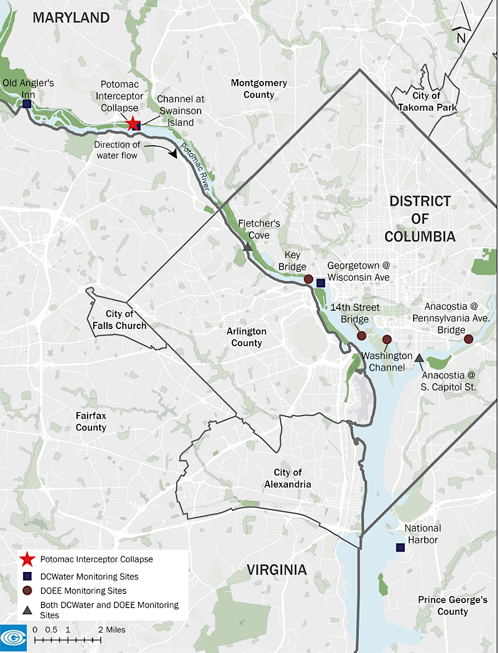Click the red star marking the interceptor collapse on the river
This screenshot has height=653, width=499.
(133, 124)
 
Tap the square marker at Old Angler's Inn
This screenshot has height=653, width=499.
(27, 104)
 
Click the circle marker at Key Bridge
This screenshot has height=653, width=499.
(309, 279)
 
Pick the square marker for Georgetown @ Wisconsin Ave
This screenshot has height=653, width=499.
(320, 283)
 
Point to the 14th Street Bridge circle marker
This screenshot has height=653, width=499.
(361, 336)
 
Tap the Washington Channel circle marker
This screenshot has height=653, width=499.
(387, 340)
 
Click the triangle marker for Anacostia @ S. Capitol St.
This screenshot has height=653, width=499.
(419, 357)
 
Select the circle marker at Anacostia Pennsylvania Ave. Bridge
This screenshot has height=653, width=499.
(469, 339)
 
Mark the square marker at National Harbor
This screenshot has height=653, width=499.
(400, 548)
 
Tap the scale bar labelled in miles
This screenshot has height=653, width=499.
(68, 640)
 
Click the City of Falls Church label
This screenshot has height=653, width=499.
(120, 320)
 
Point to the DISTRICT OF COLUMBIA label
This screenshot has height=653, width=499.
(420, 219)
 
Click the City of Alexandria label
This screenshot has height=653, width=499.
(288, 478)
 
